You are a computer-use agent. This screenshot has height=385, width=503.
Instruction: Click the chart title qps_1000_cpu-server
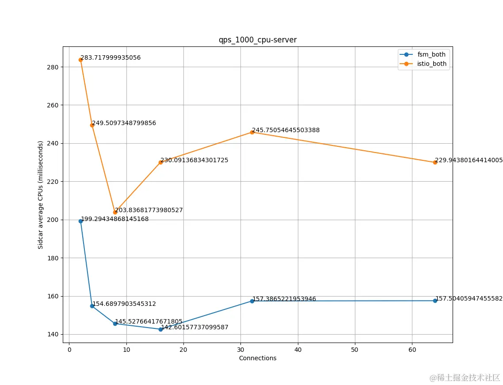[x=258, y=40]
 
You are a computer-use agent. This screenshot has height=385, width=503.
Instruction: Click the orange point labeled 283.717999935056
[x=80, y=60]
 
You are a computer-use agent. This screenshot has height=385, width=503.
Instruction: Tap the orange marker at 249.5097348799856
[x=92, y=125]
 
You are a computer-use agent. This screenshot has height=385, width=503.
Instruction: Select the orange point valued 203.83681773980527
[x=115, y=212]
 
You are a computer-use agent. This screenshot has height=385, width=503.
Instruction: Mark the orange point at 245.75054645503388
[x=252, y=132]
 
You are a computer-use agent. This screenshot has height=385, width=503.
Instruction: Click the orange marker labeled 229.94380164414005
[x=435, y=162]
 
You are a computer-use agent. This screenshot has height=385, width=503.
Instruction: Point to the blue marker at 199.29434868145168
[x=80, y=221]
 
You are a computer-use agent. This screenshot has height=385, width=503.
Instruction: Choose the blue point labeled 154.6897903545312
[x=92, y=306]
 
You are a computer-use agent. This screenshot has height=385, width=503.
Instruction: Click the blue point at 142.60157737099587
[x=160, y=329]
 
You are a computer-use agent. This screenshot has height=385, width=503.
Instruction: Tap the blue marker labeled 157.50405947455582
[x=435, y=301]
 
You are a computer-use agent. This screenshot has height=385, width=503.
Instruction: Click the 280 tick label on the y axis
[x=54, y=67]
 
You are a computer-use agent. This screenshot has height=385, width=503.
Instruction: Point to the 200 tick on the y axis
[x=54, y=220]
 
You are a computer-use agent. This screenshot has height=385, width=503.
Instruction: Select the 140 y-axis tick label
[x=54, y=334]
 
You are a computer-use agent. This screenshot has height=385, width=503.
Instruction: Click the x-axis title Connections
[x=258, y=358]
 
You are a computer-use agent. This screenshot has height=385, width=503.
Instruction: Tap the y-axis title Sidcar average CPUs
[x=41, y=195]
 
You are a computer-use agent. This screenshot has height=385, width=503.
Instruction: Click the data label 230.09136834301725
[x=194, y=160]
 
